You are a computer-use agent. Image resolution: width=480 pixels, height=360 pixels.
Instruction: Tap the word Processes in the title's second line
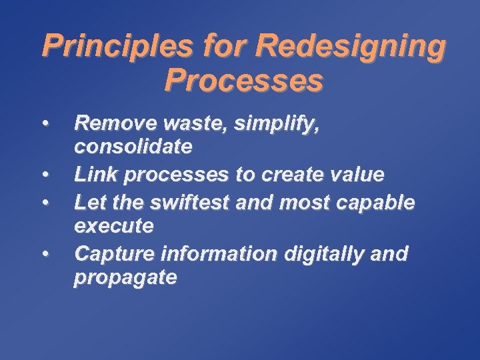pos(243,81)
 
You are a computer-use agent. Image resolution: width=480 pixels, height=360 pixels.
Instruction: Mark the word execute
pos(114,226)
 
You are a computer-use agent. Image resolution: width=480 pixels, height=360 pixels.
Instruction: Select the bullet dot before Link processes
pos(45,175)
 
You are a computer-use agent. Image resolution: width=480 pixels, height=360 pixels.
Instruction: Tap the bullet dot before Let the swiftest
pos(45,200)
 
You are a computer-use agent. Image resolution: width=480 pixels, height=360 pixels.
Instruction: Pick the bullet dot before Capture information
pos(45,253)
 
